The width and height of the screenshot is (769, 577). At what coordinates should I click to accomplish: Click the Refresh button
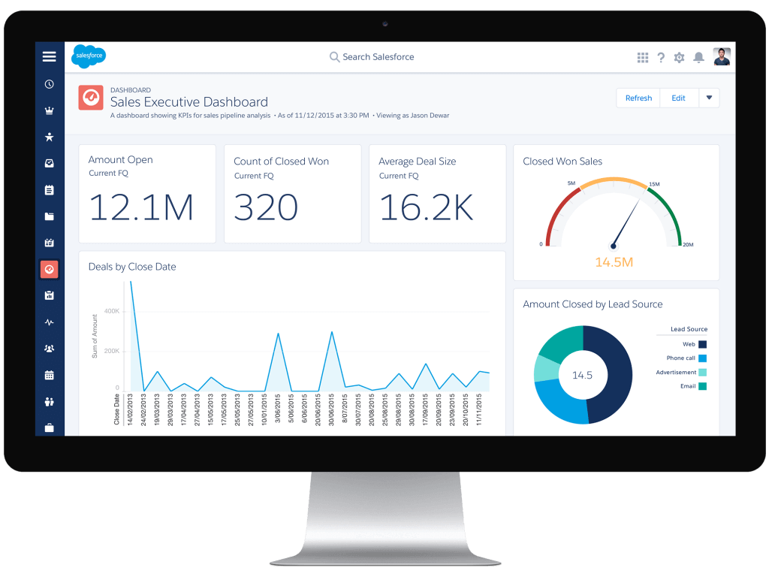tap(638, 98)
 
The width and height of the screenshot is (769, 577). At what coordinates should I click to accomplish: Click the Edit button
tap(678, 98)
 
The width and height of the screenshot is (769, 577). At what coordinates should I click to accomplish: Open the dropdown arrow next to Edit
tap(709, 98)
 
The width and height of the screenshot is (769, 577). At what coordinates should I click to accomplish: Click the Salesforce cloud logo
tap(89, 56)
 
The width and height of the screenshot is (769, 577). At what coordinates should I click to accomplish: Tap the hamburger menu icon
tap(50, 56)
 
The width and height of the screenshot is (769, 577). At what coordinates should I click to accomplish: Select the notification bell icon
tap(698, 57)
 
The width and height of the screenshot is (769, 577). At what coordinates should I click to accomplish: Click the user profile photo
tap(722, 57)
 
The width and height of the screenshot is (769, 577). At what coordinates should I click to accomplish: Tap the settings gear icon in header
tap(680, 57)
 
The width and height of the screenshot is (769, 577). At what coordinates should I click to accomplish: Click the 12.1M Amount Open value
tap(141, 207)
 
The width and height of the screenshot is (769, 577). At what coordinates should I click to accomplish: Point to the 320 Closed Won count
tap(266, 207)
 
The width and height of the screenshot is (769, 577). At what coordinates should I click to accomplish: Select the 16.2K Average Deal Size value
tap(426, 207)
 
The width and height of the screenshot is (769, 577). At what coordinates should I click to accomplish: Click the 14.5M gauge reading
tap(614, 262)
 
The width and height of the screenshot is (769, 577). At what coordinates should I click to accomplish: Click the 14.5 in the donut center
tap(583, 374)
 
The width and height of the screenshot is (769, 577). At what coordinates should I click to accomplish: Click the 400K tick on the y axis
tap(111, 310)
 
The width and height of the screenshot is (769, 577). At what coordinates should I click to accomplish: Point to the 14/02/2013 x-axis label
tap(131, 409)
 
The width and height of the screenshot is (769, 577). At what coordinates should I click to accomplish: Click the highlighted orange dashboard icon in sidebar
tap(50, 270)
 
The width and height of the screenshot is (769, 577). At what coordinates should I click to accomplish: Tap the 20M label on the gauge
tap(688, 245)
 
